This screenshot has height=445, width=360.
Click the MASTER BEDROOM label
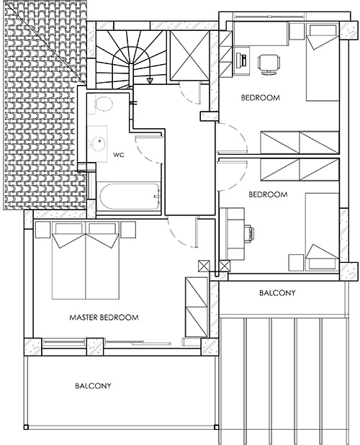point(104,317)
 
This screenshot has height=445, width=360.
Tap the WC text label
point(119,155)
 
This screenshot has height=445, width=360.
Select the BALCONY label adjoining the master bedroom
point(93,386)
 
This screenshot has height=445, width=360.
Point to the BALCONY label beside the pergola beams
point(276,293)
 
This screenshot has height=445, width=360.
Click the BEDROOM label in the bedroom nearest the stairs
point(260,97)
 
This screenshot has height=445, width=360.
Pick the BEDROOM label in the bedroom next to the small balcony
point(268,194)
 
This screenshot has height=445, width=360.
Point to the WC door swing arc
point(148,148)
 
